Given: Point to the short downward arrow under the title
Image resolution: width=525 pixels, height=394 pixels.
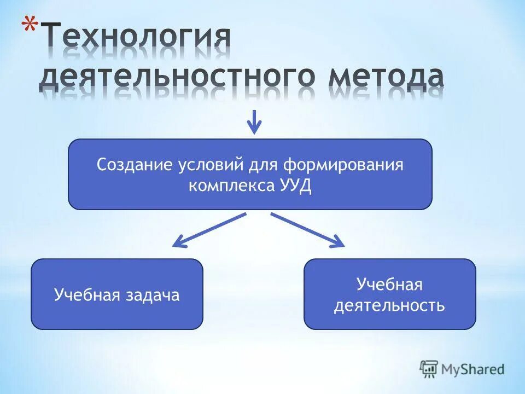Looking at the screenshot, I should tap(254, 121).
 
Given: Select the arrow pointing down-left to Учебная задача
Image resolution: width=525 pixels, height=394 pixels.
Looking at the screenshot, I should tap(209, 230).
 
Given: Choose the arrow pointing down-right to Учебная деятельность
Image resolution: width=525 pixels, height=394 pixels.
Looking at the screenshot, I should tap(307, 230).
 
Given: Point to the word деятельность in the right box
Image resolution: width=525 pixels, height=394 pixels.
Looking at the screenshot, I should tap(389, 305).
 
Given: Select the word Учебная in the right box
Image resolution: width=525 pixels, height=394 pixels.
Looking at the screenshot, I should tap(389, 285).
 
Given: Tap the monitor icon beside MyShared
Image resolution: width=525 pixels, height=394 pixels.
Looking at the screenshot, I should tap(429, 368).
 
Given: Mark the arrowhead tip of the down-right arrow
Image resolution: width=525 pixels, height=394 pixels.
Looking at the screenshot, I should tap(343, 246).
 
